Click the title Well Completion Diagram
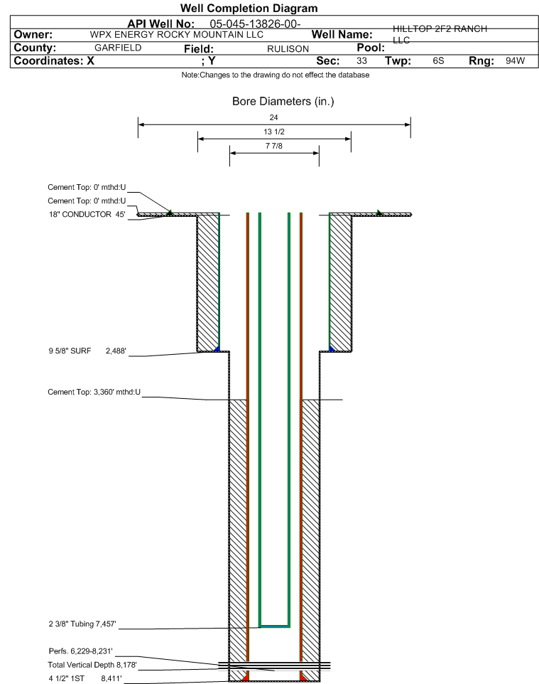(x=249, y=9)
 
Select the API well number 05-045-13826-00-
(x=256, y=24)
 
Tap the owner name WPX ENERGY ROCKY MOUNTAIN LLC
(x=177, y=35)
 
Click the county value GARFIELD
(x=118, y=48)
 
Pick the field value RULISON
(x=288, y=49)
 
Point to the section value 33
(x=361, y=60)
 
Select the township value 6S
(x=438, y=60)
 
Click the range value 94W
(x=516, y=60)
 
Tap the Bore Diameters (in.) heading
(x=283, y=101)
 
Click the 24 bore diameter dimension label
(x=273, y=117)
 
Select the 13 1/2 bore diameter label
(x=274, y=132)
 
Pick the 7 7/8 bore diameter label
(x=274, y=146)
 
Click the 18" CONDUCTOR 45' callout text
(x=87, y=214)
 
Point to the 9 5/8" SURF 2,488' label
(x=87, y=351)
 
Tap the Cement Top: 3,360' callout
(x=94, y=392)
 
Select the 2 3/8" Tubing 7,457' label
(x=82, y=624)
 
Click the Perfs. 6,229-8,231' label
(x=81, y=651)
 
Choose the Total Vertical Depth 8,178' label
(x=92, y=665)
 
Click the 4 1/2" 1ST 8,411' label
(x=85, y=678)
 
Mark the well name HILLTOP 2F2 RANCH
(x=440, y=28)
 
